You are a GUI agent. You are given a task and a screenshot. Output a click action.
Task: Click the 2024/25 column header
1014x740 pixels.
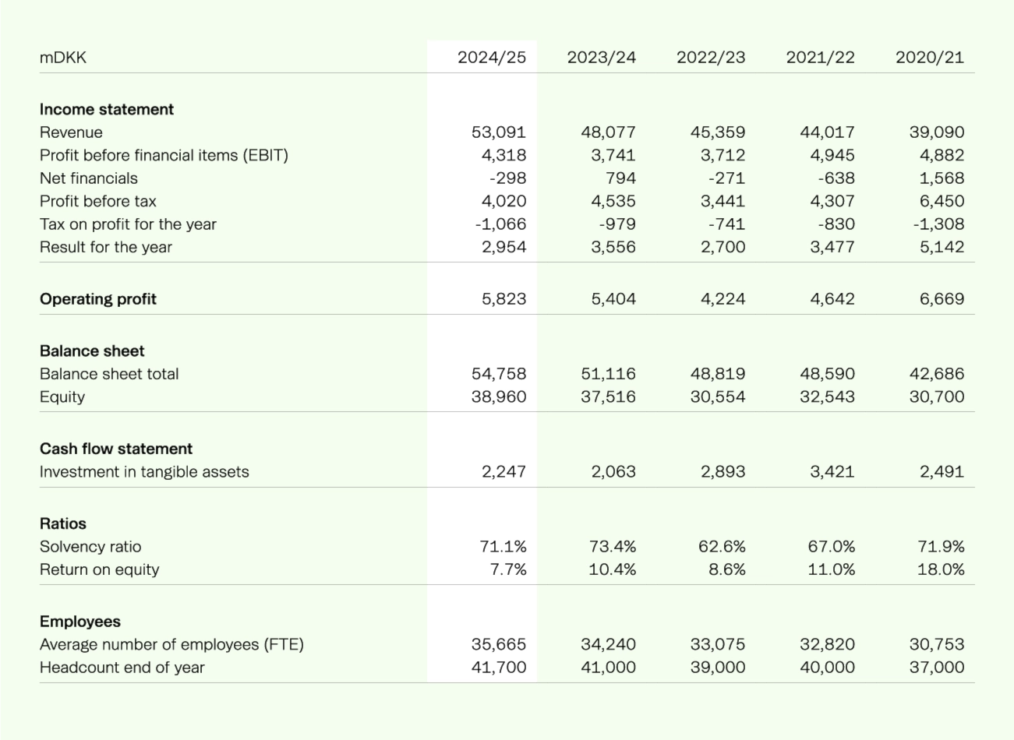[x=492, y=58]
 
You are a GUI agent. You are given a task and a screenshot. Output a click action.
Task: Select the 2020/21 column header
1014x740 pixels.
[x=930, y=58]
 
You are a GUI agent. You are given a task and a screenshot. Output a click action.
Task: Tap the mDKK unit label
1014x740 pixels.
[x=63, y=58]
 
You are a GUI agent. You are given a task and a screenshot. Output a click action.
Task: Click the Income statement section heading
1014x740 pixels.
[x=106, y=109]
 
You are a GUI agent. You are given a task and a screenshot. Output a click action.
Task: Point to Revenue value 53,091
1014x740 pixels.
[x=498, y=132]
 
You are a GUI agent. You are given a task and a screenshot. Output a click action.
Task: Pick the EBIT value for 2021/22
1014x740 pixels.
[x=832, y=155]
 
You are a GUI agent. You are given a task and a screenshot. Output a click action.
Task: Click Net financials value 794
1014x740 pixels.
[x=620, y=178]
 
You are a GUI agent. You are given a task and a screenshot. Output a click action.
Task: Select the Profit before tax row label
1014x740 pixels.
[x=97, y=201]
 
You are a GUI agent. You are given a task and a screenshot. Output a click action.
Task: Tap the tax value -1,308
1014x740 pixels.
[x=938, y=224]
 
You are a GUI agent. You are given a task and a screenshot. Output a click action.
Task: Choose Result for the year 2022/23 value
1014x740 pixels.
[x=723, y=247]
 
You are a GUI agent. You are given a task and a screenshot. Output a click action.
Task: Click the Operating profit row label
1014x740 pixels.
[x=97, y=299]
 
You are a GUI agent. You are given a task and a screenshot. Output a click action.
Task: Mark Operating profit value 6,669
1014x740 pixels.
[x=942, y=299]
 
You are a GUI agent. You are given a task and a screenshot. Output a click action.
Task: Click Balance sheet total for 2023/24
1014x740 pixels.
[x=608, y=374]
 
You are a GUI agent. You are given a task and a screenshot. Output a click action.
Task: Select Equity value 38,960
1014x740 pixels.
[x=498, y=396]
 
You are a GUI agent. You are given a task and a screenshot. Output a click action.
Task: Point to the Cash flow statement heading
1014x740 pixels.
[x=116, y=449]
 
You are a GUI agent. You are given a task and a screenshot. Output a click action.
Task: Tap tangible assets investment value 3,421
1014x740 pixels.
[x=832, y=472]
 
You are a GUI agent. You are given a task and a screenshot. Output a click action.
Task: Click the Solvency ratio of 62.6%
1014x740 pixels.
[x=722, y=546]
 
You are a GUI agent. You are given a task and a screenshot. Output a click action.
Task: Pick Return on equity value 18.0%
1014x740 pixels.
[x=941, y=569]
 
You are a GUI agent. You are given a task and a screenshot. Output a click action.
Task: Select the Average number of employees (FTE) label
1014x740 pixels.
[x=171, y=644]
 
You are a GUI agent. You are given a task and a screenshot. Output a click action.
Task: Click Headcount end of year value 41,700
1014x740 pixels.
[x=498, y=668]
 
